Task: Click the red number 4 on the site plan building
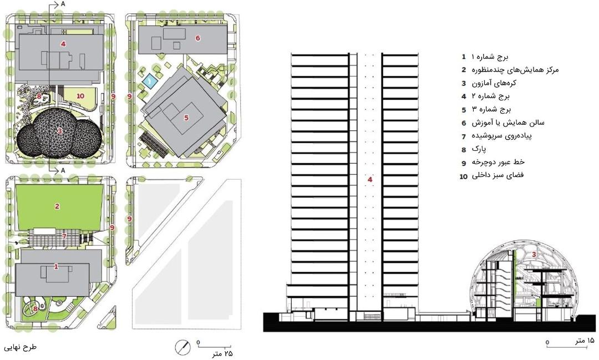point(63,44)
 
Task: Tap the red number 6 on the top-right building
point(197,38)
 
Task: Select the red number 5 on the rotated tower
point(186,118)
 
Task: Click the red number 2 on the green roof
point(57,206)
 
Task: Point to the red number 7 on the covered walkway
point(64,236)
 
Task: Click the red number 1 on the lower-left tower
point(56,266)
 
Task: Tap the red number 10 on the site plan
point(80,96)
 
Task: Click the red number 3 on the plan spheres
point(60,131)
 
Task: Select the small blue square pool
point(149,81)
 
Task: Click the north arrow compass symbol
point(182,347)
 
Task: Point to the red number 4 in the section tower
point(370,179)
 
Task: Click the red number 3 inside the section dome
point(534,253)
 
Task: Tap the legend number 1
point(464,57)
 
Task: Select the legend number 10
point(463,176)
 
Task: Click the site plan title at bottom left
point(20,347)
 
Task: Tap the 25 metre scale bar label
point(222,354)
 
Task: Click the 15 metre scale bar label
point(585,340)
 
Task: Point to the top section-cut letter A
point(63,4)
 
